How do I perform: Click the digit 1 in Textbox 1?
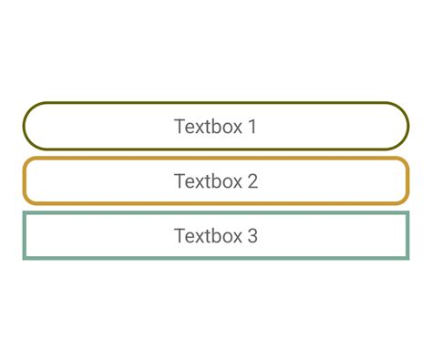click(252, 127)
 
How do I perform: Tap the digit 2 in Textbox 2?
click(252, 181)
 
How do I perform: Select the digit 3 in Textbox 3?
click(252, 236)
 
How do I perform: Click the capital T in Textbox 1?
click(180, 127)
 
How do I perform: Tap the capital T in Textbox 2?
click(180, 181)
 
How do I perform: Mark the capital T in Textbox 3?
click(180, 236)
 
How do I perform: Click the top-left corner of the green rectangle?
click(25, 214)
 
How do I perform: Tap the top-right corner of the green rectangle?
click(406, 214)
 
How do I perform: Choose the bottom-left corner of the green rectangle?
click(25, 258)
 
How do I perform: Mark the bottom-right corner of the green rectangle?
click(406, 258)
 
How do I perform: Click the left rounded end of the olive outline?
click(25, 127)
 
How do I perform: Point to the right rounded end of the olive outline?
click(406, 127)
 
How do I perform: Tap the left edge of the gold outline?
click(25, 181)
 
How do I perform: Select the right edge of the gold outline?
click(406, 181)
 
